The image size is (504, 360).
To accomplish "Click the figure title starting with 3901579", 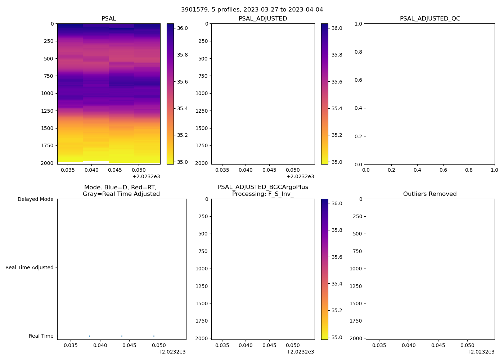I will click(252, 9).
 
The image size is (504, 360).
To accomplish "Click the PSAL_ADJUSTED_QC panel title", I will click(430, 19).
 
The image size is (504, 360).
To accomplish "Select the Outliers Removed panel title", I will click(430, 194).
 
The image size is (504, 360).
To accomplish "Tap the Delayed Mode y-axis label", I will click(35, 199).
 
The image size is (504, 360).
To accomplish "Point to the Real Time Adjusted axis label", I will click(29, 267).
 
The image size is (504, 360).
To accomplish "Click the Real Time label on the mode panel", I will click(41, 336).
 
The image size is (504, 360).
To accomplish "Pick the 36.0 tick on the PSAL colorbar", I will click(182, 28).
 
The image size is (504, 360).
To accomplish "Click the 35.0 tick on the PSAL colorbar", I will click(182, 162).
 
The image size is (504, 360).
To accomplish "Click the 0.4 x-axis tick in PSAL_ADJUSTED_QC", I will click(417, 170).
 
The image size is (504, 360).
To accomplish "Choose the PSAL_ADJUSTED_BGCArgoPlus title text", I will click(263, 187).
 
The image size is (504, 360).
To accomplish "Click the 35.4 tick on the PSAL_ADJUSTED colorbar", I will click(337, 108).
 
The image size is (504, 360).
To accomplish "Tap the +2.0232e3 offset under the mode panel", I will click(172, 352).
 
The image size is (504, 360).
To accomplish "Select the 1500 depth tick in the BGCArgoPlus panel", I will click(202, 303).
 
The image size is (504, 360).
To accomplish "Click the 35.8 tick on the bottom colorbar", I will click(337, 230).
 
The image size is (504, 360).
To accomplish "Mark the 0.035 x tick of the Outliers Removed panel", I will click(379, 345).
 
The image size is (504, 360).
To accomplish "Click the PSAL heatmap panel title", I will click(109, 19).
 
